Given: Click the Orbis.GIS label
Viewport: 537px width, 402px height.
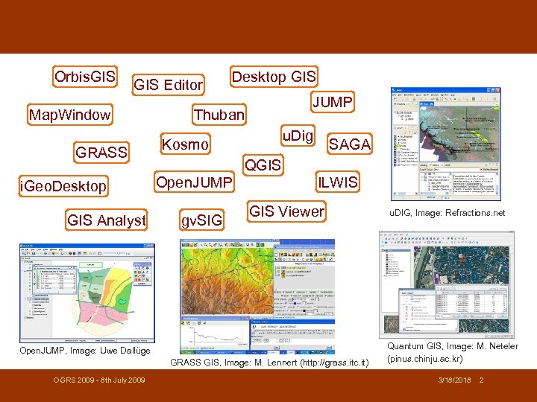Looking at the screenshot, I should pos(85,77).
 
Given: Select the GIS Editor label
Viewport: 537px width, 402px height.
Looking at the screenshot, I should pos(168,86).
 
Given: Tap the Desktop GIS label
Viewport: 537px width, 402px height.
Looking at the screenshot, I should pos(274,77).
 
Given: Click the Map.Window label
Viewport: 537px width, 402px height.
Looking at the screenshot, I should pos(69,115).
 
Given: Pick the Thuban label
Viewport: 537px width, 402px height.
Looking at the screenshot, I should pos(219,115).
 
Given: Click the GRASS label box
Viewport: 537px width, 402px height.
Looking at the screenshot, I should pos(102,152).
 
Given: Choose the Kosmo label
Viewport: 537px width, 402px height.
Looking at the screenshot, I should pos(185,144).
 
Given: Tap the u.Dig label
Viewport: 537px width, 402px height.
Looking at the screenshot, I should pos(298,135).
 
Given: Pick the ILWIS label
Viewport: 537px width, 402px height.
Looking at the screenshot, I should pos(338,182).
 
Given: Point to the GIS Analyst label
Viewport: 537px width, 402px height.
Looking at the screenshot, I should pos(107,220).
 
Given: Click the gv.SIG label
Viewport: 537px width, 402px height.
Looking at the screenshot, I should pos(201,220).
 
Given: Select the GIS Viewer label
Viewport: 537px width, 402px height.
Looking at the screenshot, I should pos(286,211).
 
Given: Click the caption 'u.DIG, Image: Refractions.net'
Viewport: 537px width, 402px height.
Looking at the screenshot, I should pos(447,213).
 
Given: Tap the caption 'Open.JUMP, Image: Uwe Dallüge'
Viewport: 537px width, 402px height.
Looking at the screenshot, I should pos(85,350).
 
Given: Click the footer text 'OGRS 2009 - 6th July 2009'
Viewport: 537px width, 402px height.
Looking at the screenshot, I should pos(99,380).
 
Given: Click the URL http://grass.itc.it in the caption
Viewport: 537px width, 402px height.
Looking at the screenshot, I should pos(331,363).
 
